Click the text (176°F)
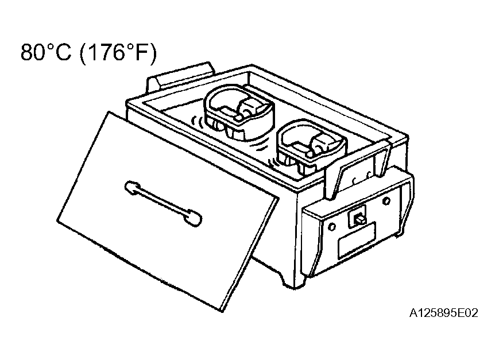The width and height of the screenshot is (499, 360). [118, 53]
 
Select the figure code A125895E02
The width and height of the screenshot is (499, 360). [444, 313]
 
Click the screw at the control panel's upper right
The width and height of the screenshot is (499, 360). [386, 201]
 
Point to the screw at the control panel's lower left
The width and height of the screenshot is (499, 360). [331, 227]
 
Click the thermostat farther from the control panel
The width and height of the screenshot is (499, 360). [238, 112]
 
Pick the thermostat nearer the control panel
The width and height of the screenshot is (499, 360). [311, 146]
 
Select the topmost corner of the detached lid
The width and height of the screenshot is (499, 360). [110, 112]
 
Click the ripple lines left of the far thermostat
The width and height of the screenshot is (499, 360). [196, 122]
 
